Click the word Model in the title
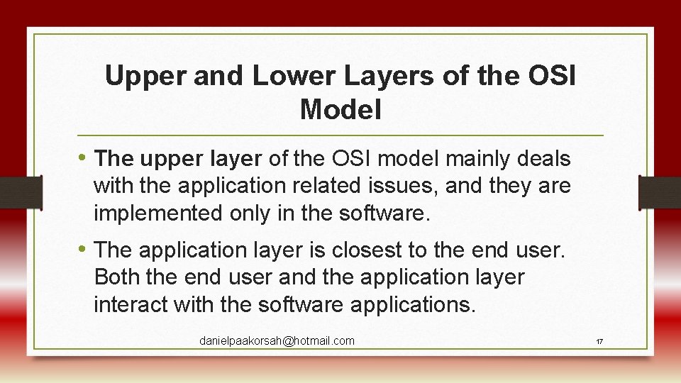point(340,110)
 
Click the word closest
point(361,250)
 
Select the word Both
point(116,277)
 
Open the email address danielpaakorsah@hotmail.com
point(277,341)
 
